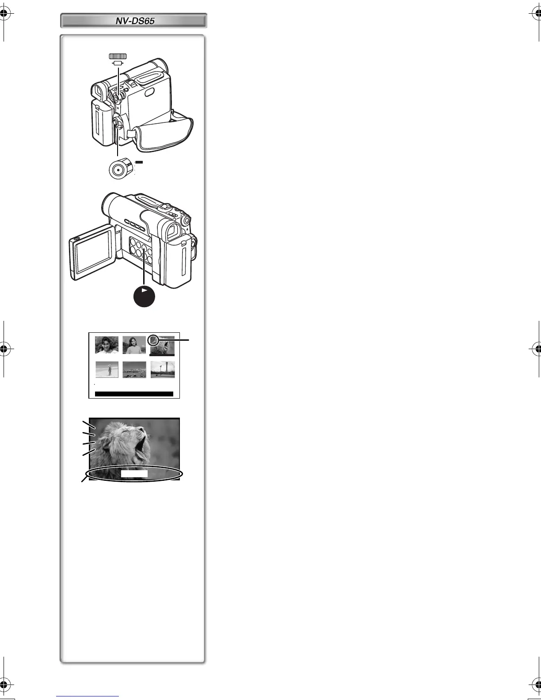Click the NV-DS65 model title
click(x=133, y=21)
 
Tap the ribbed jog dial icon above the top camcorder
click(x=118, y=56)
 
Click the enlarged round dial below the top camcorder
click(x=118, y=169)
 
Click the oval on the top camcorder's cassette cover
click(x=149, y=92)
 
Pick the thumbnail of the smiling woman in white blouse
click(x=107, y=345)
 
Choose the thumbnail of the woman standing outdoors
click(x=134, y=345)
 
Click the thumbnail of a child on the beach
click(x=107, y=369)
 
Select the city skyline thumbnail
click(x=134, y=369)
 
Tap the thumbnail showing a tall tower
click(x=162, y=369)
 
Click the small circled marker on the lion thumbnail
click(x=153, y=339)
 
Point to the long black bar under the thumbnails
click(x=134, y=394)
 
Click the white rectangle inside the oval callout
click(x=134, y=474)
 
